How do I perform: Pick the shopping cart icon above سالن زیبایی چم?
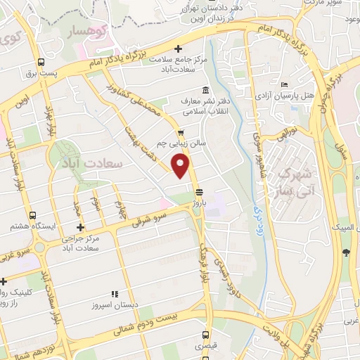click(x=181, y=131)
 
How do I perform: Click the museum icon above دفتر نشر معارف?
click(x=205, y=90)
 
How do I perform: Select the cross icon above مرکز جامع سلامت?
click(x=179, y=49)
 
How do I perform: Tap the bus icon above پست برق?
click(x=41, y=62)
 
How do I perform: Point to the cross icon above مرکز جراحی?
click(x=82, y=227)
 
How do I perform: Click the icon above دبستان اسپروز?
click(x=114, y=295)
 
